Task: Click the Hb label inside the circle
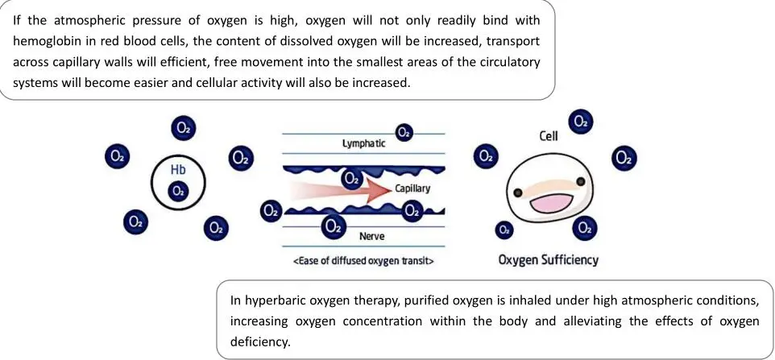(177, 171)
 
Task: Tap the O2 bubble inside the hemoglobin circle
(178, 191)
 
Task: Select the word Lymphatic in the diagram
(363, 143)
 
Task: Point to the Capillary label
(413, 188)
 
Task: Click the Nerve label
(371, 236)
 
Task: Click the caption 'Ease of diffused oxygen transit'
(365, 260)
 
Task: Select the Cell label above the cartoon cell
(549, 136)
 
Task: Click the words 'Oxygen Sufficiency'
(549, 260)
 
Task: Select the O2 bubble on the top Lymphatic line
(404, 132)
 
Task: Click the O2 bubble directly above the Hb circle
(184, 127)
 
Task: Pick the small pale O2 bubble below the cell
(504, 230)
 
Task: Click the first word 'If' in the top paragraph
(18, 18)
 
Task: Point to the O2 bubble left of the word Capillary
(351, 177)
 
